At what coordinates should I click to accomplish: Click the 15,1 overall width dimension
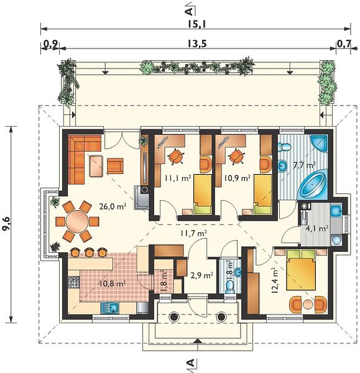[x=196, y=24]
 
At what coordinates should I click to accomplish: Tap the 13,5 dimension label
[x=196, y=44]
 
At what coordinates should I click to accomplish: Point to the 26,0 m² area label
[x=113, y=206]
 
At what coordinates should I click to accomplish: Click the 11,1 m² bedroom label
[x=178, y=178]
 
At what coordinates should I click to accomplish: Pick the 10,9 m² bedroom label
[x=238, y=178]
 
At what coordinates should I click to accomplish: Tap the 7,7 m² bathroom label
[x=305, y=165]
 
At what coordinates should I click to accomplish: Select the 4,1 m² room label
[x=317, y=229]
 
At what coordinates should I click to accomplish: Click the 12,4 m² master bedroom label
[x=275, y=280]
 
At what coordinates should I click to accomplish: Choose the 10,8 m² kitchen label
[x=113, y=283]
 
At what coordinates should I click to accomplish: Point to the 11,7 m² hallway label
[x=193, y=233]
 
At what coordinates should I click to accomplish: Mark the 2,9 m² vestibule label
[x=202, y=275]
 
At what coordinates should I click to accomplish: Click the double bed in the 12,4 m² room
[x=301, y=270]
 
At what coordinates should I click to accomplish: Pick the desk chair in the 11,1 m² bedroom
[x=176, y=156]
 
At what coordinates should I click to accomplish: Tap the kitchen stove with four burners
[x=73, y=282]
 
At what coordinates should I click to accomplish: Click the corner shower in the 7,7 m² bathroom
[x=320, y=143]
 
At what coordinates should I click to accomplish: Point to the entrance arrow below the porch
[x=198, y=341]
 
